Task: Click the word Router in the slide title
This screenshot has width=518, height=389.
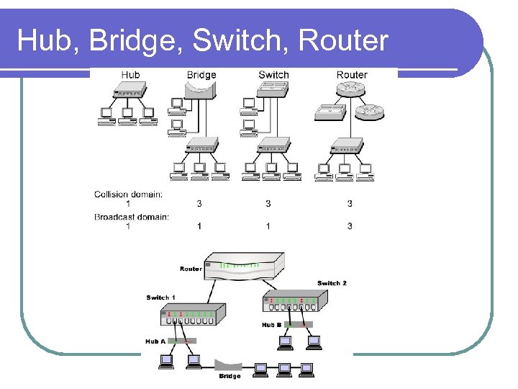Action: coord(343,41)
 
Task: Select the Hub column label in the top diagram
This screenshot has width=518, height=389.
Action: coord(130,75)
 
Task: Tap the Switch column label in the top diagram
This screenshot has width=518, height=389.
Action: coord(273,75)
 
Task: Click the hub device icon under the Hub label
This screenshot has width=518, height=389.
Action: coord(130,91)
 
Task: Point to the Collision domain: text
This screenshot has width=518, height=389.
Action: coord(128,194)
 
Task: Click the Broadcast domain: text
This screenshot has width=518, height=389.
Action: coord(131,217)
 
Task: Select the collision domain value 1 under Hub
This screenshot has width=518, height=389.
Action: coord(128,204)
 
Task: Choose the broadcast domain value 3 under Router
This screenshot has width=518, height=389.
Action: coord(350,226)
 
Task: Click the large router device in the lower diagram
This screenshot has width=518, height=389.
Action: coord(240,267)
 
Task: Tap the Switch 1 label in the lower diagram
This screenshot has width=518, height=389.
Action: coord(160,297)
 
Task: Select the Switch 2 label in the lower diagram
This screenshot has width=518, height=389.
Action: coord(332,283)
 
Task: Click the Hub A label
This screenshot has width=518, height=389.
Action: coord(155,341)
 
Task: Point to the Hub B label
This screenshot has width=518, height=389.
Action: coord(272,325)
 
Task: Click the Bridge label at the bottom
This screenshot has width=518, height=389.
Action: coord(230,376)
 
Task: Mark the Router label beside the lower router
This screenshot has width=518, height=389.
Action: coord(191,269)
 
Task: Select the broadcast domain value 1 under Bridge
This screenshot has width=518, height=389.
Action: coord(199,226)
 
